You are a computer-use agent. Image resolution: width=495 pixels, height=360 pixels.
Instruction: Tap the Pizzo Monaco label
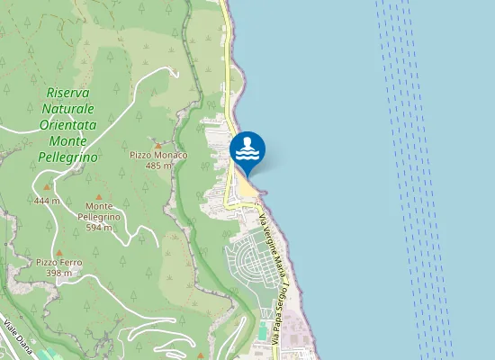click(158, 155)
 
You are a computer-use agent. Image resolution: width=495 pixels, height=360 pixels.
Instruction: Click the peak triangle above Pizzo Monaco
click(158, 144)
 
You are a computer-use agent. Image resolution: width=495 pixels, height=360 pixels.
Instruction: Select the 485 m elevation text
click(158, 165)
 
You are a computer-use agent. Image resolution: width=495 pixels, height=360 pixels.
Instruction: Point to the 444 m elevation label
click(47, 200)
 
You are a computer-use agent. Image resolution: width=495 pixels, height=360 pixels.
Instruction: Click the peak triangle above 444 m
click(47, 188)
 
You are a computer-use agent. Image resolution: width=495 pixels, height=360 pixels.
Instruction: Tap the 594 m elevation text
click(98, 227)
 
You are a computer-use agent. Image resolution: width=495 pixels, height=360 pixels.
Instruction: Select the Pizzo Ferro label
click(59, 262)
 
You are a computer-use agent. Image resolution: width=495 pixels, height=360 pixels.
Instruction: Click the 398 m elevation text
click(59, 272)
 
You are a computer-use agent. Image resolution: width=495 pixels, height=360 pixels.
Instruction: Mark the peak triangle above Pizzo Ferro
click(59, 251)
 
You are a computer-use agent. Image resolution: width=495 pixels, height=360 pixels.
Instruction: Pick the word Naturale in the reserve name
click(67, 108)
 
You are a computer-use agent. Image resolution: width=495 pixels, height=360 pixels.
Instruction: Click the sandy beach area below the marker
click(246, 184)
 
